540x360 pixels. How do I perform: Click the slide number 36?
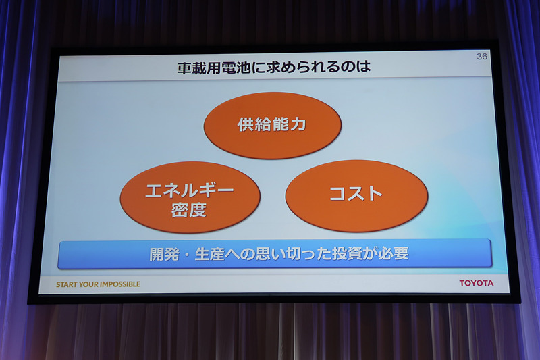481,57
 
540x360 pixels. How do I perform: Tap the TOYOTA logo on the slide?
476,283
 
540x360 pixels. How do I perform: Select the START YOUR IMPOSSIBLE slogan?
99,284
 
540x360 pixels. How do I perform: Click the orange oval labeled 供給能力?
272,126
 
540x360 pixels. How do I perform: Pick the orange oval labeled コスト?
356,195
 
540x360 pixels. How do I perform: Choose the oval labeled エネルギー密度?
190,198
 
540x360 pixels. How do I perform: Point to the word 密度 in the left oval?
189,209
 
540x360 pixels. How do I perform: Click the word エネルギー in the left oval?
190,190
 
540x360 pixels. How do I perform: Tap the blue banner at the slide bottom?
275,255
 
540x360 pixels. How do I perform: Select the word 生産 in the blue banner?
207,255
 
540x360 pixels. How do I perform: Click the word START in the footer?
67,284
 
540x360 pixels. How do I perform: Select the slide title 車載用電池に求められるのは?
274,68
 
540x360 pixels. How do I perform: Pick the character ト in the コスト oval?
373,195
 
